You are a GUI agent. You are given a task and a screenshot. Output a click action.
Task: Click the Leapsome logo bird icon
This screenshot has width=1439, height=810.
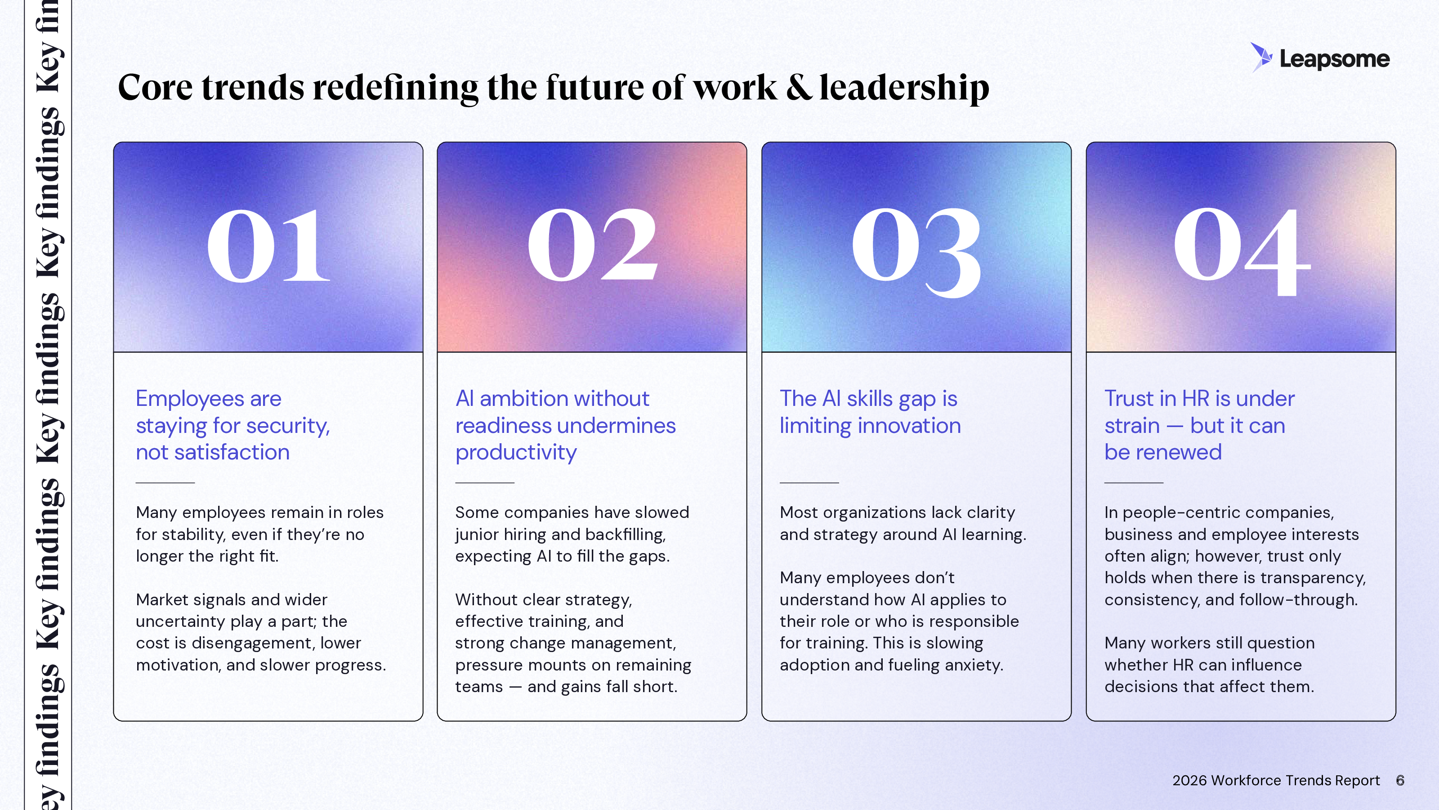1261,57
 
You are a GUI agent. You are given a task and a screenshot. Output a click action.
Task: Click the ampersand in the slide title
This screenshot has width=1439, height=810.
798,87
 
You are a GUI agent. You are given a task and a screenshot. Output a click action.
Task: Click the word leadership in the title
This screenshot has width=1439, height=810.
904,88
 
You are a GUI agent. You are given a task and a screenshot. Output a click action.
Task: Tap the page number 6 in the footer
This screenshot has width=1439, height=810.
1400,780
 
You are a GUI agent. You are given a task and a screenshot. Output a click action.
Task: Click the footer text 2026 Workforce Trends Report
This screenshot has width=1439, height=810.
1276,780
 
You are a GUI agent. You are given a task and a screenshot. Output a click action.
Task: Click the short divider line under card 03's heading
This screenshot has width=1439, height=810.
809,482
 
